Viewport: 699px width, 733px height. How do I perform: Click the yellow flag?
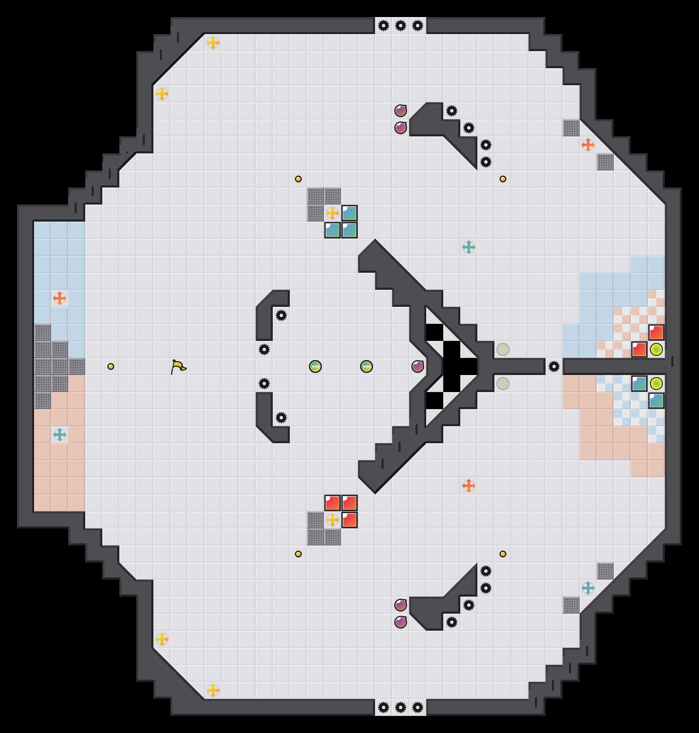coord(178,366)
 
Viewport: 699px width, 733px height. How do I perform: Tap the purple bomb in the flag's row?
coord(418,366)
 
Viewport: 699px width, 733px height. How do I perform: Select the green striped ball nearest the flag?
coord(315,366)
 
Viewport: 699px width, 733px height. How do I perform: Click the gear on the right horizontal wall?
coord(554,366)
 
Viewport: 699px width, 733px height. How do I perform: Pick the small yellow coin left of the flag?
coord(111,366)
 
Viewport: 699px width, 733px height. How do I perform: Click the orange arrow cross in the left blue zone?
coord(60,298)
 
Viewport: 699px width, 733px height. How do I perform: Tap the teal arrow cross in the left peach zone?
coord(60,435)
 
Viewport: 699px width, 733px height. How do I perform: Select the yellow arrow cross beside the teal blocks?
coord(332,213)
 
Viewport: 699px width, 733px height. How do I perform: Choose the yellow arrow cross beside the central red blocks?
coord(332,520)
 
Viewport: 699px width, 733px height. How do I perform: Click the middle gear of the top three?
coord(401,26)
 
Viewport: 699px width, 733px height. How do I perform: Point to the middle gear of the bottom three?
coord(401,707)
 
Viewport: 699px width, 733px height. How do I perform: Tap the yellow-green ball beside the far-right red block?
coord(656,349)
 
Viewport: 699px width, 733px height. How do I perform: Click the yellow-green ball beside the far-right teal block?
coord(656,384)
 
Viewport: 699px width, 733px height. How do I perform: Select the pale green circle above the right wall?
coord(503,349)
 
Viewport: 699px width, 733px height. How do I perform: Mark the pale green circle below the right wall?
coord(503,384)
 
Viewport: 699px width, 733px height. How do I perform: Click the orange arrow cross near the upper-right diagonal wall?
coord(588,145)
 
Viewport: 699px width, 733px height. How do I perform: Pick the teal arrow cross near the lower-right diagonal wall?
coord(588,588)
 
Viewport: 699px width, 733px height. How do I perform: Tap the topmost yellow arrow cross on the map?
coord(213,43)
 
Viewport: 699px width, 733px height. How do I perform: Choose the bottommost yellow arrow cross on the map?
coord(213,690)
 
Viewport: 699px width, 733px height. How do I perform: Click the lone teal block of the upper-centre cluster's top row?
coord(349,213)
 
